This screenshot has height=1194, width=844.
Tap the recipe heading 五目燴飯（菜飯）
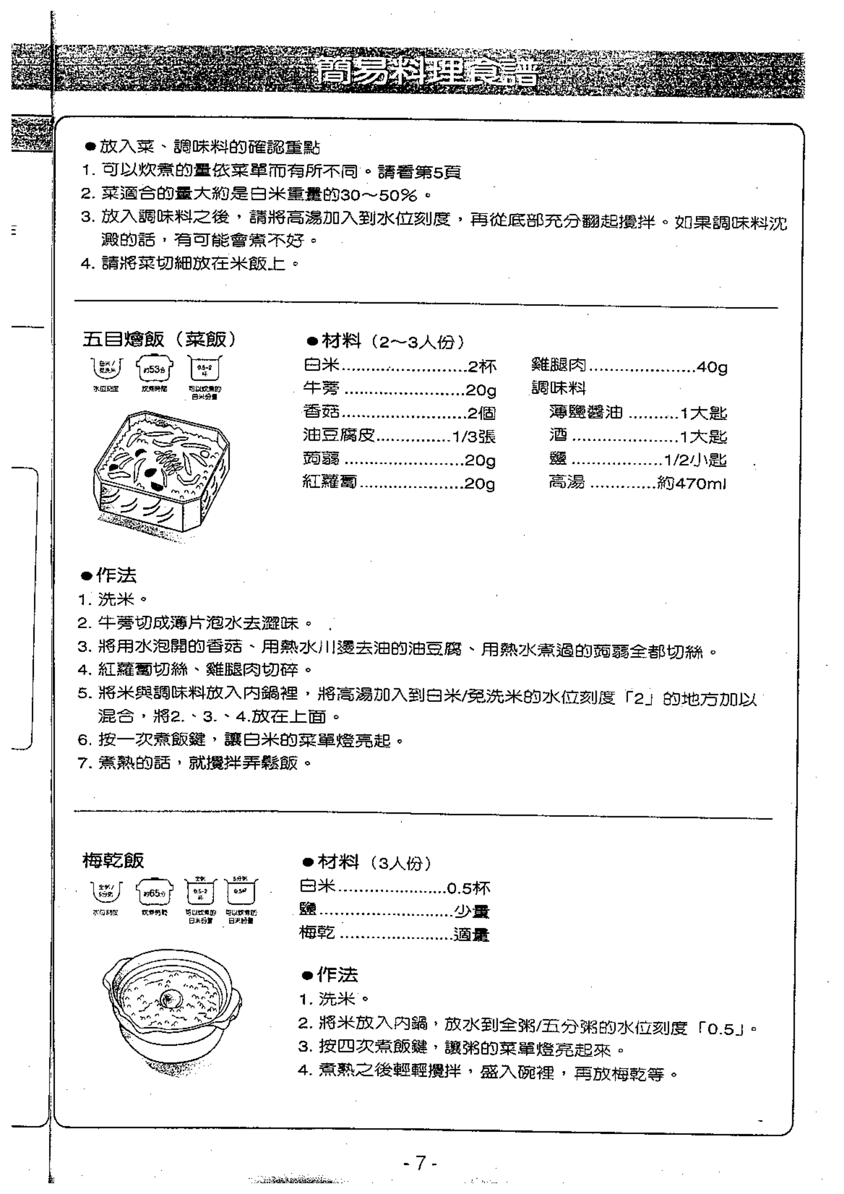160,339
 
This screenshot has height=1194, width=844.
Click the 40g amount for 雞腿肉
711,367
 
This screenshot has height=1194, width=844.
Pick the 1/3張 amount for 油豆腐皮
473,437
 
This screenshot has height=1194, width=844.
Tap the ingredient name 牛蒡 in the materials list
321,388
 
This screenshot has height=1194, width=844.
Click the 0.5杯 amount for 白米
469,888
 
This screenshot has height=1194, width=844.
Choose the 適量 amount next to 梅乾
471,935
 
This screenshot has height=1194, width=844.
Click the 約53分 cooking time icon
154,368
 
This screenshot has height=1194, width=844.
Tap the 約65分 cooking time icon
154,894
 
